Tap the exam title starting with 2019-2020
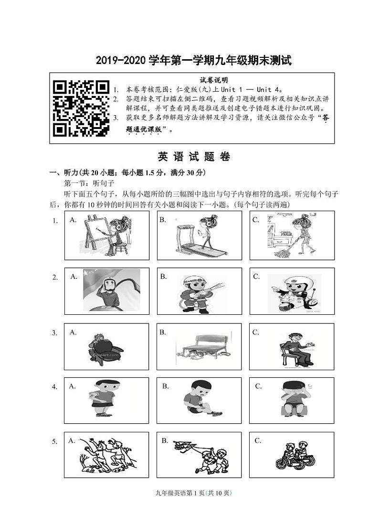click(193, 61)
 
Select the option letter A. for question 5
click(72, 440)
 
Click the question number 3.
click(55, 333)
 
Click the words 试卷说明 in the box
click(213, 80)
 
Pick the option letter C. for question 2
click(256, 276)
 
